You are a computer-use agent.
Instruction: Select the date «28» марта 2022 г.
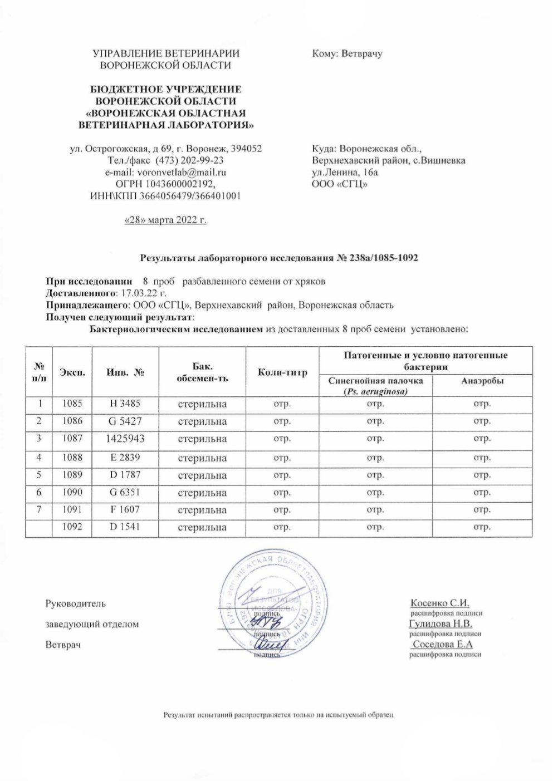pyautogui.click(x=165, y=220)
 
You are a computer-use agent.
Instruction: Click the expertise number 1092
pyautogui.click(x=73, y=527)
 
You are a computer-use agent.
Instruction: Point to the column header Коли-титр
pyautogui.click(x=283, y=372)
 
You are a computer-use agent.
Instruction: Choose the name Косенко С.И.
pyautogui.click(x=441, y=603)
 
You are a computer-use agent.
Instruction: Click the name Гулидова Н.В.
pyautogui.click(x=441, y=623)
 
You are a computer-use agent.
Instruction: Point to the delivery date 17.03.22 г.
pyautogui.click(x=144, y=293)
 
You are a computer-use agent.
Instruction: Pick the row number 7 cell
pyautogui.click(x=39, y=510)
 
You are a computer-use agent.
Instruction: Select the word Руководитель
pyautogui.click(x=75, y=603)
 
